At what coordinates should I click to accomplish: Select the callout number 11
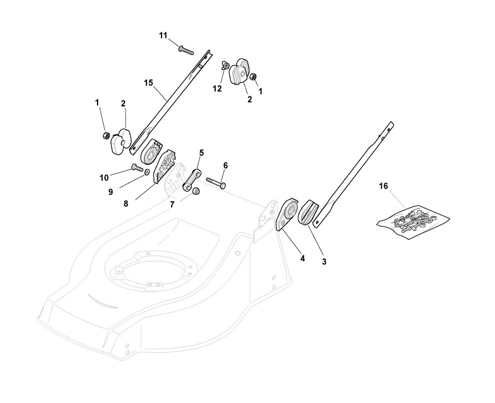tap(163, 36)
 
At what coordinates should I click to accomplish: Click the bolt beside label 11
tap(186, 50)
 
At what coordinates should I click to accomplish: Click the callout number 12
tap(217, 88)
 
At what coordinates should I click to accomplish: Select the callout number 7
tap(172, 205)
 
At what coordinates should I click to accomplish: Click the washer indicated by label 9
tap(147, 173)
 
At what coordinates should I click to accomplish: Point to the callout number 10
tap(104, 178)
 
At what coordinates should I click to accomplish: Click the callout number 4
tap(303, 258)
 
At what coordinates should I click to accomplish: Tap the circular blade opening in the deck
tap(151, 273)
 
